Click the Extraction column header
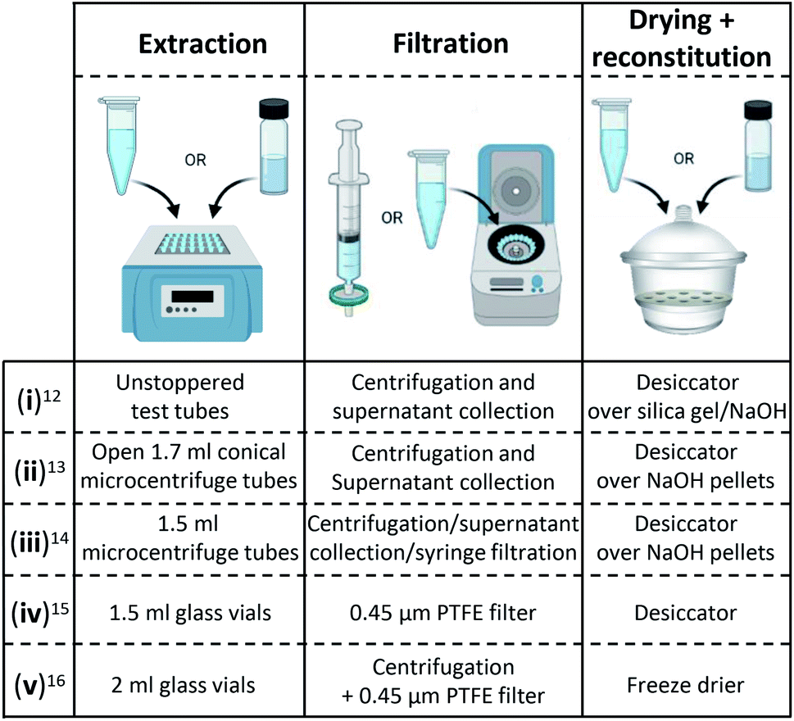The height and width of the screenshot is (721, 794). (202, 43)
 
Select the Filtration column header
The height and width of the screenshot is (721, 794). (451, 43)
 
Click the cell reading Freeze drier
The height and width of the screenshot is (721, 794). (686, 685)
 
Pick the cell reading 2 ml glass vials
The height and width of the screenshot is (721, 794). (184, 685)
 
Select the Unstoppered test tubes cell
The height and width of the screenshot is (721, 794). (180, 397)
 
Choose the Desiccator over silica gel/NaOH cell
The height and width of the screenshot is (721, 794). (687, 397)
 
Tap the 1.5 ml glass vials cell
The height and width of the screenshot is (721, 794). (190, 613)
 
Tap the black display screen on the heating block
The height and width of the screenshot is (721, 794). (193, 297)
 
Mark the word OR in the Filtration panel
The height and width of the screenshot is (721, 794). (392, 218)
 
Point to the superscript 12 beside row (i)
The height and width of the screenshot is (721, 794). (52, 396)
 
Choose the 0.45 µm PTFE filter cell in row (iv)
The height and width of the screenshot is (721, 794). (443, 613)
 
